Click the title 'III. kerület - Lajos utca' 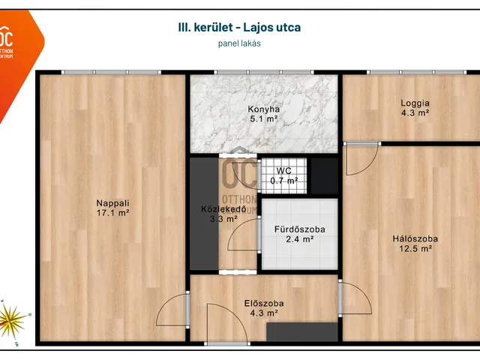240,28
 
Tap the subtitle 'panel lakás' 240,43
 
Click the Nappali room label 112,202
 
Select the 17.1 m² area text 112,213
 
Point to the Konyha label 264,109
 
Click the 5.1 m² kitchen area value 264,118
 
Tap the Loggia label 414,103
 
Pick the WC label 283,171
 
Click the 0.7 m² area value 283,181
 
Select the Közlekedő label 219,208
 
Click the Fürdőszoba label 298,229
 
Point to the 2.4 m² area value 298,240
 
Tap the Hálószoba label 415,239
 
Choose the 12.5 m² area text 415,250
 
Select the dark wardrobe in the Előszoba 301,331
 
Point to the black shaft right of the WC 324,175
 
